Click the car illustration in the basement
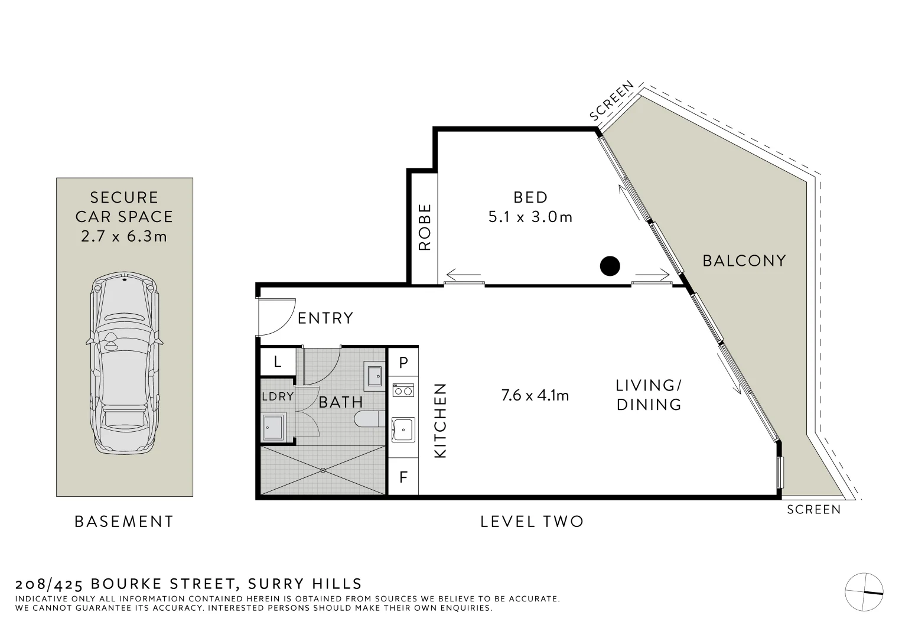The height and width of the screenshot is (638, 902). click(x=124, y=363)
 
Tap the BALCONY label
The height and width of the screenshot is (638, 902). click(x=744, y=261)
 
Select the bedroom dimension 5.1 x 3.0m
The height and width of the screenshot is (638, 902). click(x=530, y=217)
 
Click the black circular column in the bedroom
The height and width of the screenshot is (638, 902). click(x=610, y=266)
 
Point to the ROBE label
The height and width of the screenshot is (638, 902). click(x=425, y=227)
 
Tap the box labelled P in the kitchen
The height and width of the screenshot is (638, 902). click(x=403, y=363)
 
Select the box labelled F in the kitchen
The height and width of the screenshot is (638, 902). click(x=403, y=477)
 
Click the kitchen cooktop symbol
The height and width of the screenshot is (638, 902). click(x=403, y=390)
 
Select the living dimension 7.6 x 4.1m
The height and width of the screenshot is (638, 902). click(x=535, y=395)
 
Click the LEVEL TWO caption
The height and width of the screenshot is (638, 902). click(x=532, y=522)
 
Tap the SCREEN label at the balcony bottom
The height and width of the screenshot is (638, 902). click(x=813, y=509)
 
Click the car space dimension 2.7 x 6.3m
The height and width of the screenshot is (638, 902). click(x=124, y=236)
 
